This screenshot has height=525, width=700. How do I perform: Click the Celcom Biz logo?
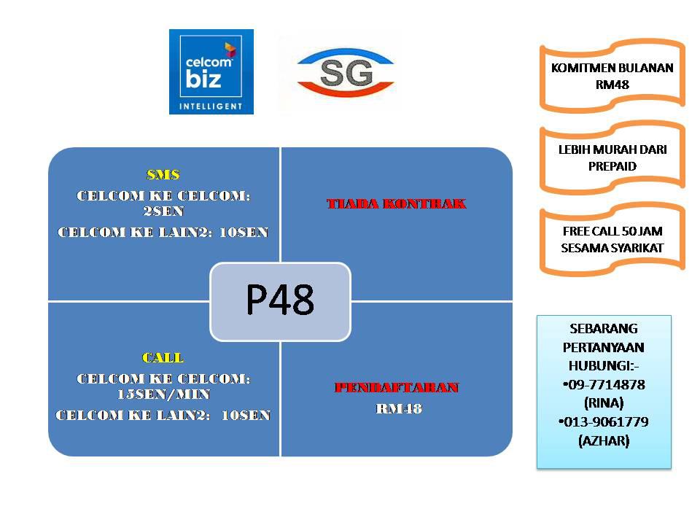[x=211, y=71]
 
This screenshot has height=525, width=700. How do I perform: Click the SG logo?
[x=346, y=73]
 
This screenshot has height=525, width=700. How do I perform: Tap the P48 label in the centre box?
[x=280, y=300]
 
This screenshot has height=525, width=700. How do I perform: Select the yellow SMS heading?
[x=163, y=174]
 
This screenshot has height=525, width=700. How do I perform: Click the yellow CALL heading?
[x=163, y=357]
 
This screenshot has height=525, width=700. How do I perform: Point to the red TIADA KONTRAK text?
[x=397, y=203]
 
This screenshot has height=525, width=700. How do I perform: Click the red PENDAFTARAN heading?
[x=397, y=387]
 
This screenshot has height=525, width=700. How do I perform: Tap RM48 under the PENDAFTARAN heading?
[x=399, y=408]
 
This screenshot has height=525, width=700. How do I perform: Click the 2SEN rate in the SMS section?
[x=163, y=211]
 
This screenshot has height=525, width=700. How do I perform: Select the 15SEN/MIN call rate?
[x=163, y=394]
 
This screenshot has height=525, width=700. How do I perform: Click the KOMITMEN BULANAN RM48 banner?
[x=612, y=76]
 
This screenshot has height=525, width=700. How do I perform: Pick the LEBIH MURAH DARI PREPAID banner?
[x=612, y=157]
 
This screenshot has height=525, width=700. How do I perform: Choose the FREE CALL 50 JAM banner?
[x=612, y=239]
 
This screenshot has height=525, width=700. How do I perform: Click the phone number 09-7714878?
[x=604, y=384]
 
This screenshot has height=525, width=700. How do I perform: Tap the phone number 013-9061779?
[x=604, y=421]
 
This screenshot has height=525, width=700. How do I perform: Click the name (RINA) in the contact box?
[x=604, y=403]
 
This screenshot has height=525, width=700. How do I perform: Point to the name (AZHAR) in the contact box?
[x=604, y=440]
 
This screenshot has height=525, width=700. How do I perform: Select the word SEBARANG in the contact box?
[x=604, y=329]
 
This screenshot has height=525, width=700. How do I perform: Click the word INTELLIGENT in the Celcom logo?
[x=211, y=106]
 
